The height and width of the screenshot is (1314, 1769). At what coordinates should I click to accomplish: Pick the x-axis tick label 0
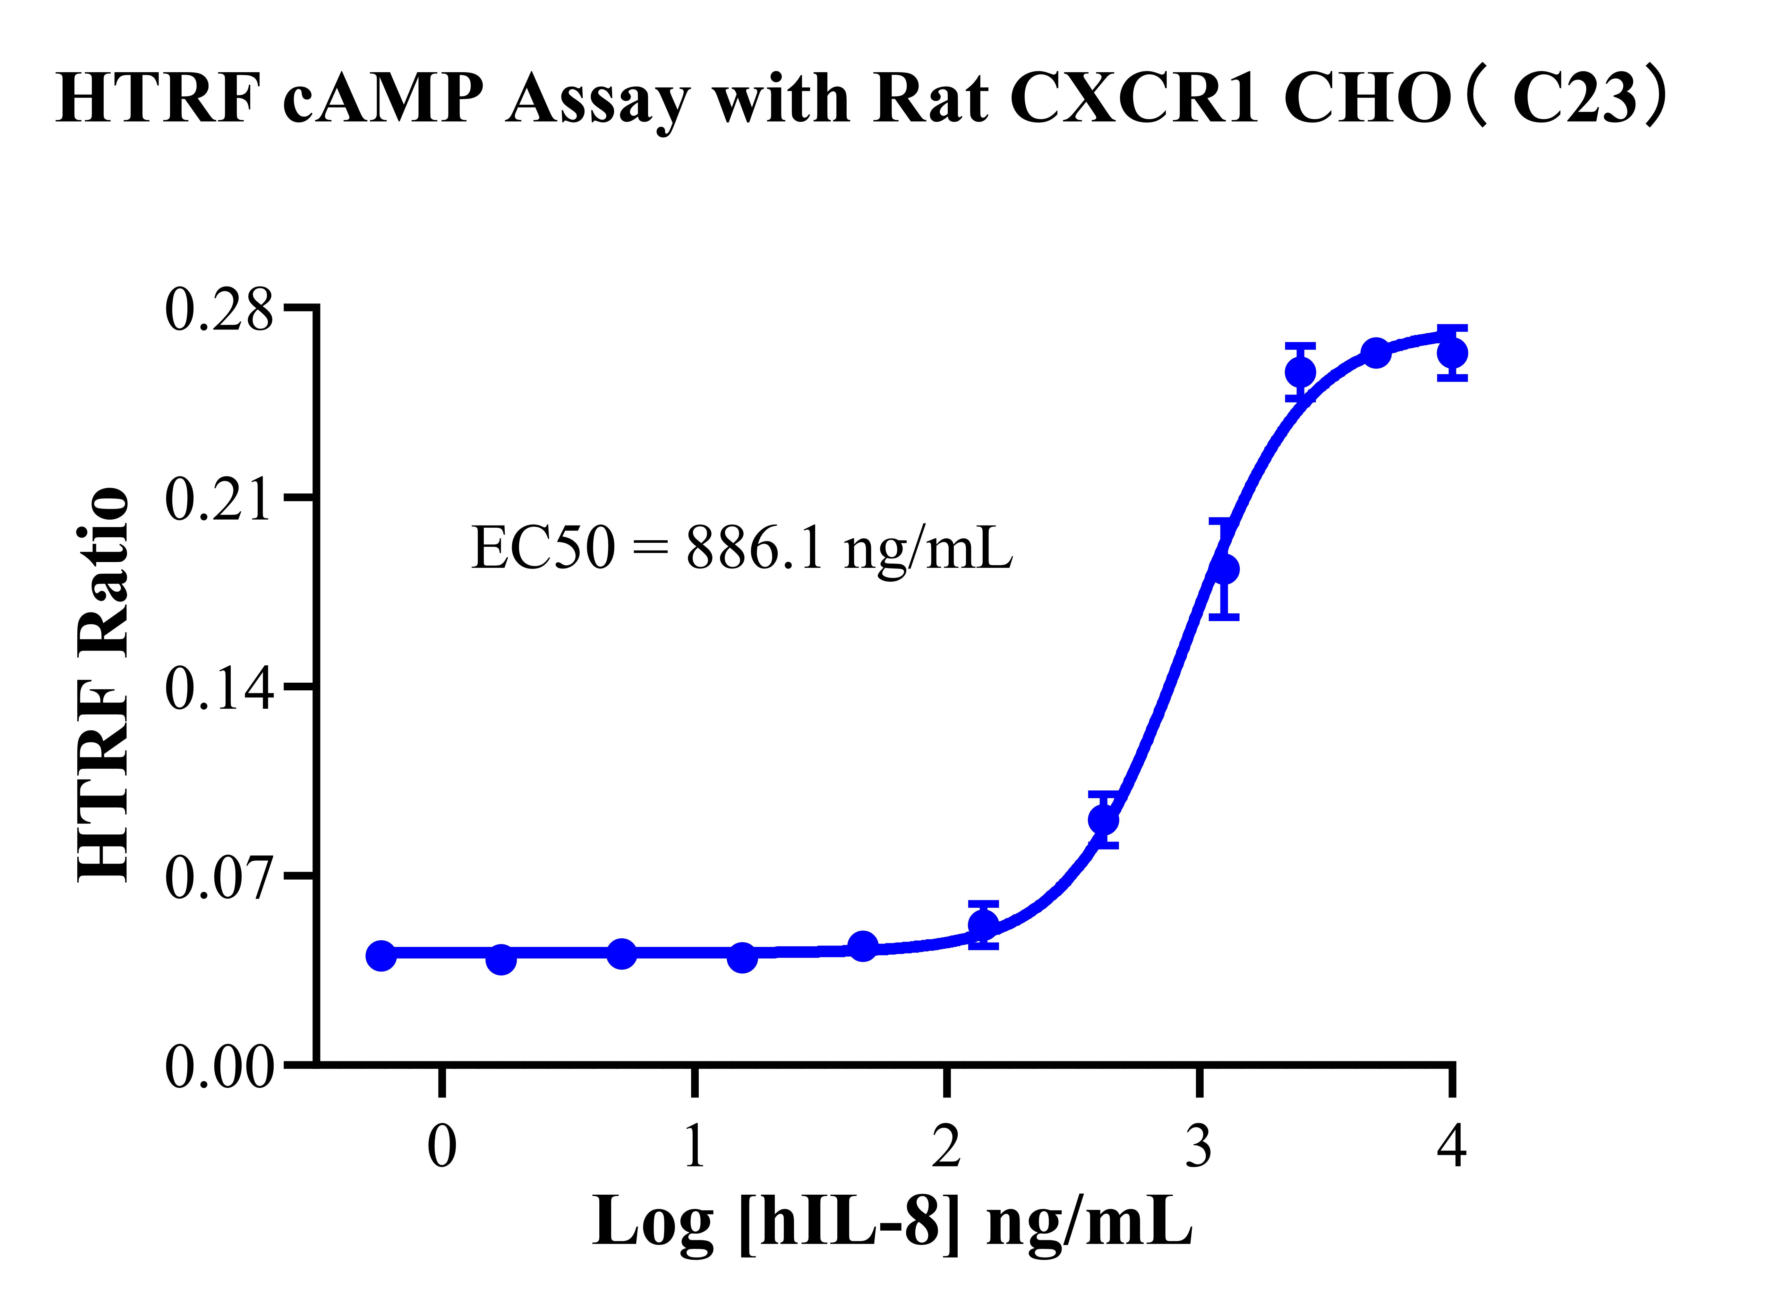click(442, 1147)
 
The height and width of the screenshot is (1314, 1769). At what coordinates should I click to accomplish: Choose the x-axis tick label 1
click(694, 1147)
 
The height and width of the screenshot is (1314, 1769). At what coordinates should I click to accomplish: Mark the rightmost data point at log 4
click(1452, 353)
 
